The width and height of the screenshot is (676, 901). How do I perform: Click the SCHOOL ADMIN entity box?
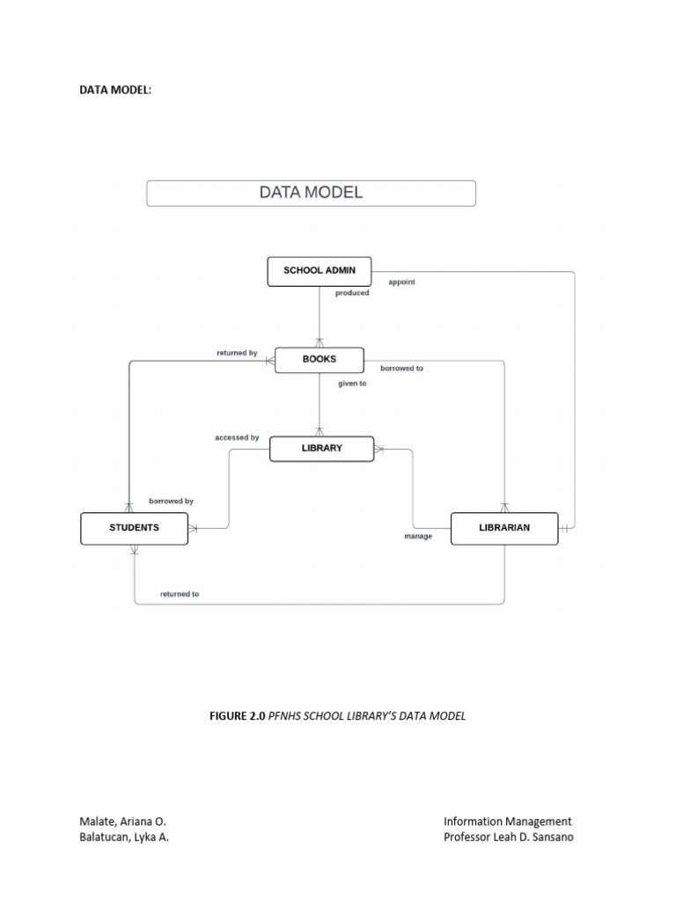[320, 271]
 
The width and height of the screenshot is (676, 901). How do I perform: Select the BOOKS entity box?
[319, 360]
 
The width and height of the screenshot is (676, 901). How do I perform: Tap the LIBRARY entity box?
[321, 449]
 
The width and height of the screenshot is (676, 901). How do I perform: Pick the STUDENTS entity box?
[134, 528]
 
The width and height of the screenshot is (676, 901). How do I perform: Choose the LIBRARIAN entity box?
[504, 528]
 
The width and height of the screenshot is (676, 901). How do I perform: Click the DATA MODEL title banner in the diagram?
[311, 193]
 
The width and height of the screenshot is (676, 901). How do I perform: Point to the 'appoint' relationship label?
[401, 282]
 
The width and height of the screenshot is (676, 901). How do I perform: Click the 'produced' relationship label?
[352, 293]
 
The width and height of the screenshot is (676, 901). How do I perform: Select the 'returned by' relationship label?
[237, 353]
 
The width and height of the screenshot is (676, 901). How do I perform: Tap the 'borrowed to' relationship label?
[401, 368]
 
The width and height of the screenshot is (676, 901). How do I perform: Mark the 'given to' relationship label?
[352, 384]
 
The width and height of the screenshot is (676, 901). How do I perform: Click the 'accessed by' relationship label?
[237, 437]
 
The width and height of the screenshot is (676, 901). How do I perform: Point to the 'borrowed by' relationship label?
[171, 501]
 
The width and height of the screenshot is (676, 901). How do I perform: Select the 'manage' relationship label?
[418, 536]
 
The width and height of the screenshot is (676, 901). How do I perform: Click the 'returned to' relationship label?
[180, 594]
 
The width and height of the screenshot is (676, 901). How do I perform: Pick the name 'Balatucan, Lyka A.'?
[124, 837]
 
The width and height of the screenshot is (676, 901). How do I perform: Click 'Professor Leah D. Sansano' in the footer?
[508, 837]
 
